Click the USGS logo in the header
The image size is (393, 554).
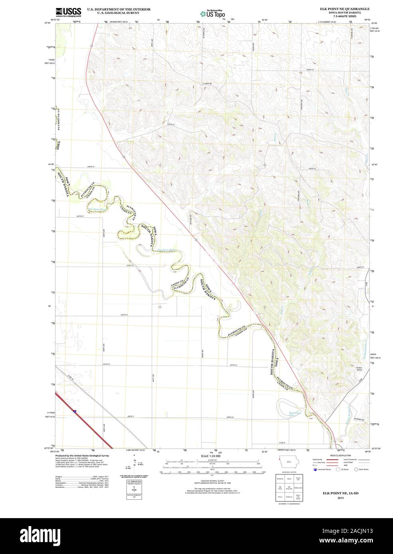point(68,12)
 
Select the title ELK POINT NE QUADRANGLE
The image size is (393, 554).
point(344,8)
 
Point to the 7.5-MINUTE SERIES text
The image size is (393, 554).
point(344,16)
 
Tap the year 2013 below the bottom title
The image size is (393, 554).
point(340,498)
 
